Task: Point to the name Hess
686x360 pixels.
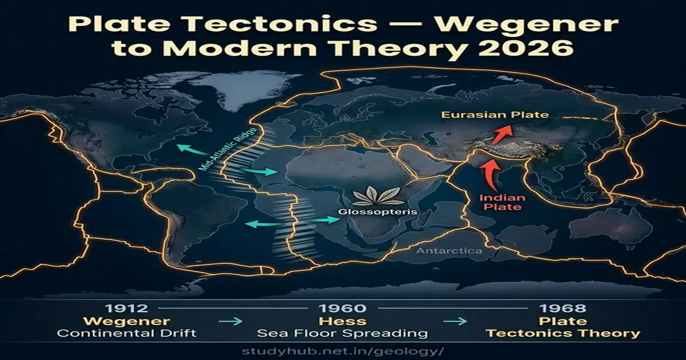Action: tap(343, 321)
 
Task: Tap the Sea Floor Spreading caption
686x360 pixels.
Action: tap(343, 333)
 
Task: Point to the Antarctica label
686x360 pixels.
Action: tap(449, 251)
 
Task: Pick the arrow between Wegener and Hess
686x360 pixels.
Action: tap(230, 322)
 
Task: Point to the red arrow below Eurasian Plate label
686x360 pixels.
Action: tap(501, 135)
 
